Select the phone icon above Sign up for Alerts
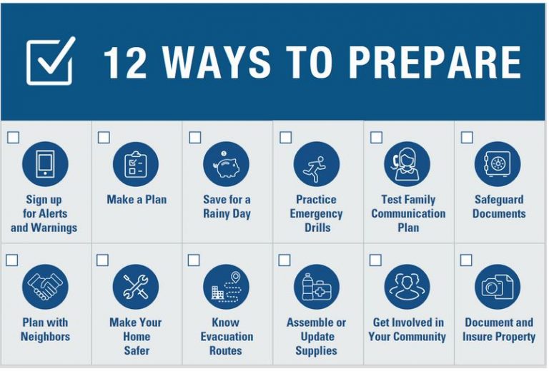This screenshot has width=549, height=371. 45,164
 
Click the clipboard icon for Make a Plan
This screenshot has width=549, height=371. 136,164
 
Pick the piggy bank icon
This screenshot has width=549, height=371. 227,164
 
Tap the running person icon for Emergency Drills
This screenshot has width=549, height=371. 316,164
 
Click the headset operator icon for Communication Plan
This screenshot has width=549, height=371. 407,164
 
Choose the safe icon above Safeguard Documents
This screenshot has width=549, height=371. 498,164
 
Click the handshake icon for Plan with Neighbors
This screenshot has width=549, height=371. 45,287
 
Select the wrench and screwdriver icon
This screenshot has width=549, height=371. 136,287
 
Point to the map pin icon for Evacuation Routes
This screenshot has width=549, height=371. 227,287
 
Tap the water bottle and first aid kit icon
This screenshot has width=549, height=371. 316,287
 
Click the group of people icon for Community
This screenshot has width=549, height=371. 407,287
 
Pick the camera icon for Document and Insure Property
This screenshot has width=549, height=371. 498,287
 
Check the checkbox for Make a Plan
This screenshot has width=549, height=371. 104,137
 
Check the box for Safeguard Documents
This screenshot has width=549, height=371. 467,137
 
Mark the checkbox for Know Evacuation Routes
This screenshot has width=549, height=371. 194,260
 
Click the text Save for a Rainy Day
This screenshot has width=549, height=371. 227,207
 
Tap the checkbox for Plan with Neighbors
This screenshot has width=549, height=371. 12,260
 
